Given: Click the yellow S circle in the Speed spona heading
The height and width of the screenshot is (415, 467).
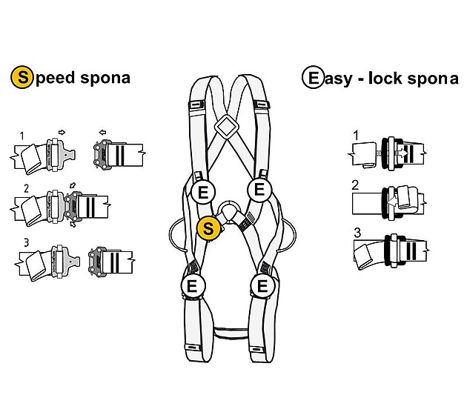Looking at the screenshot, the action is click(21, 77).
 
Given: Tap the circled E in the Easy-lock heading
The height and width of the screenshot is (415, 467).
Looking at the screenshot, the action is click(312, 77).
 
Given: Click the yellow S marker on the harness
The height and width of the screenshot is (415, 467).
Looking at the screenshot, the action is click(208, 228).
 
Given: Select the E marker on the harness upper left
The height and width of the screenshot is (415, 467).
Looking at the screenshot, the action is click(203, 192).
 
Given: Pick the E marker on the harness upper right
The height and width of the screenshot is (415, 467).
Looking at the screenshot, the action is click(259, 189).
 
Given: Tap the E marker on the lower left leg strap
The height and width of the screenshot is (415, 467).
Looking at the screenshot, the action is click(193, 286).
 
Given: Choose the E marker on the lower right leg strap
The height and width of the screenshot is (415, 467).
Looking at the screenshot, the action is click(262, 286).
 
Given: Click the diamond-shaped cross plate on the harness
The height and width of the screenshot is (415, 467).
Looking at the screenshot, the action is click(227, 127).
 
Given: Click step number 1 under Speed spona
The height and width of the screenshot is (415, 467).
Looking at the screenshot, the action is click(21, 136).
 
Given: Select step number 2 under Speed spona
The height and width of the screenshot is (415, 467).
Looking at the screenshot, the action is click(26, 188).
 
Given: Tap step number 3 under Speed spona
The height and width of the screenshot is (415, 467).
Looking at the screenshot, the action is click(26, 242).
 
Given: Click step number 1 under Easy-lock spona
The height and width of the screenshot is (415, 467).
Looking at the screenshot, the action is click(356, 136).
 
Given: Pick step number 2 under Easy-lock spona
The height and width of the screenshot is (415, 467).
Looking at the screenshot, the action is click(355, 185).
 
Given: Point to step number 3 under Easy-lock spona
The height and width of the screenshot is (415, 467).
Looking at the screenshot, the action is click(357, 233).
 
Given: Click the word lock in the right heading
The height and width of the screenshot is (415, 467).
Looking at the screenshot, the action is click(385, 79).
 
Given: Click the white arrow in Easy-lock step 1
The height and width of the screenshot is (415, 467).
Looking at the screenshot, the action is click(401, 153).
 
